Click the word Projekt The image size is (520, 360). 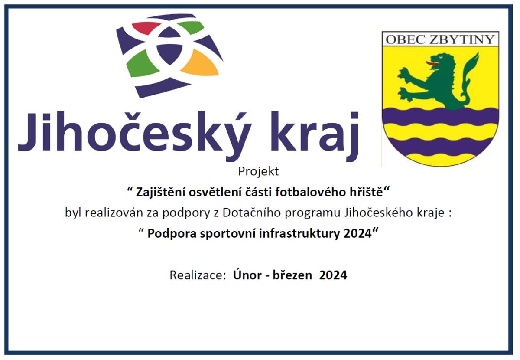click(x=259, y=172)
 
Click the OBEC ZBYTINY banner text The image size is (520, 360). click(x=440, y=39)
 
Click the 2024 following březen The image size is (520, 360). click(x=333, y=275)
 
